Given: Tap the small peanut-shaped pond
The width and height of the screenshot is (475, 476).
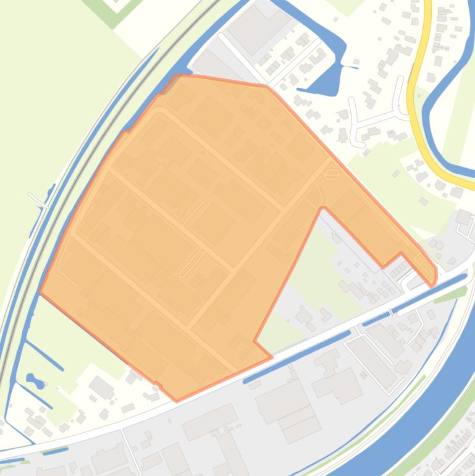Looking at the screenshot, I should coord(35,381).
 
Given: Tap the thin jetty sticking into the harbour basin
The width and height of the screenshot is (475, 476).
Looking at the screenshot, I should coord(350,66).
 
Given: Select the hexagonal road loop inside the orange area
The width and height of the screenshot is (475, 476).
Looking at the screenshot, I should coord(332,174).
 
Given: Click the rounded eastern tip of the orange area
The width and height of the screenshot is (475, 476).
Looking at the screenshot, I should coord(434,276).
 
